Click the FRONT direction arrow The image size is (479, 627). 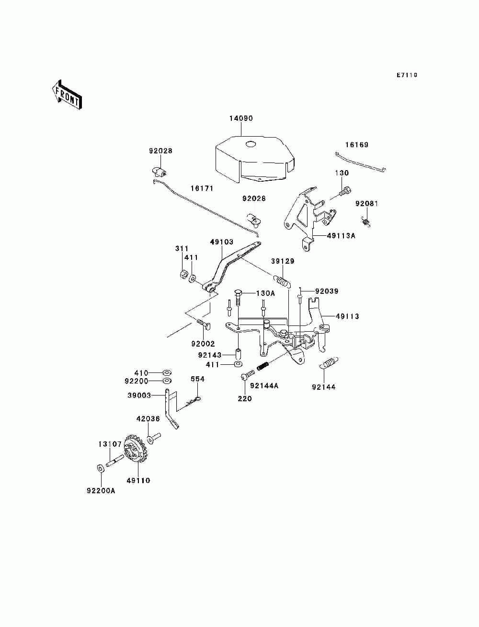[67, 95]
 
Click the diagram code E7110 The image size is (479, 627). [407, 75]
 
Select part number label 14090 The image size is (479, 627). [241, 118]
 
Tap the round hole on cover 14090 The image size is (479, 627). [251, 145]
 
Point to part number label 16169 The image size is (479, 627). [357, 145]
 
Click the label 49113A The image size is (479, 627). [341, 236]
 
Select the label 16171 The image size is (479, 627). [202, 188]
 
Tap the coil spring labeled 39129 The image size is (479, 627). [282, 280]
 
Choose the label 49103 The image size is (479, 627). [222, 242]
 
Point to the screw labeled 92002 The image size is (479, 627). [204, 324]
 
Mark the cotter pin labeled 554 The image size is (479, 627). [193, 400]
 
